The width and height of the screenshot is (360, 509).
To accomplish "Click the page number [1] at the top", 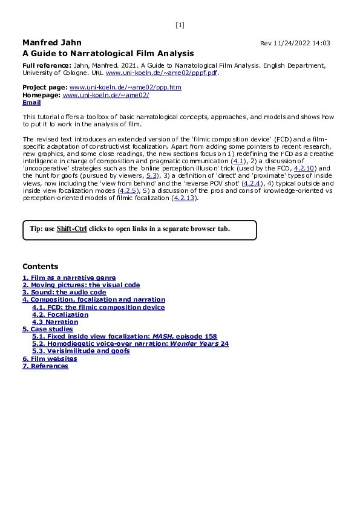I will click(x=180, y=25).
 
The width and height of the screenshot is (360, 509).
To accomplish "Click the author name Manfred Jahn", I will click(x=51, y=43).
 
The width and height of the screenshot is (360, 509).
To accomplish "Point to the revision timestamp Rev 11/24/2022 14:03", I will click(x=295, y=44).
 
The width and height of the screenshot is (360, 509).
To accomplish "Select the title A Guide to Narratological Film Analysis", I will click(x=108, y=53).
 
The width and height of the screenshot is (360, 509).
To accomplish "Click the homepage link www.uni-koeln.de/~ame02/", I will click(x=106, y=95).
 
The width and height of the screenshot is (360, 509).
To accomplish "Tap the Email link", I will click(x=31, y=103).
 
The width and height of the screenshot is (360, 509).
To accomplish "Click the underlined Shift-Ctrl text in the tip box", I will click(x=71, y=230).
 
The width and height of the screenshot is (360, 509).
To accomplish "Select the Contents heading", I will click(x=41, y=267).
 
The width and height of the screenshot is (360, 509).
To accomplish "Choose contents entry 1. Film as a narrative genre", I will click(x=69, y=277).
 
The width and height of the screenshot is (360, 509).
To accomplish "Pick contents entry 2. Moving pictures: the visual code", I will click(x=81, y=285).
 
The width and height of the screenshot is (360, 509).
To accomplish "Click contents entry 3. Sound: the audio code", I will click(x=64, y=292).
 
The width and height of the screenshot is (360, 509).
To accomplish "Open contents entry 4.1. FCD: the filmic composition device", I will click(x=98, y=307).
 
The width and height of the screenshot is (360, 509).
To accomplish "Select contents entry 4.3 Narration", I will click(x=55, y=322).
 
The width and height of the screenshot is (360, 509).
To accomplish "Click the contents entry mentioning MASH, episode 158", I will click(x=124, y=336).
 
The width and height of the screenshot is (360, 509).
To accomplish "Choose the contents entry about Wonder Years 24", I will click(x=130, y=343).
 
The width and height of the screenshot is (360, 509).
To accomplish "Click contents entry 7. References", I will click(x=45, y=366).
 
